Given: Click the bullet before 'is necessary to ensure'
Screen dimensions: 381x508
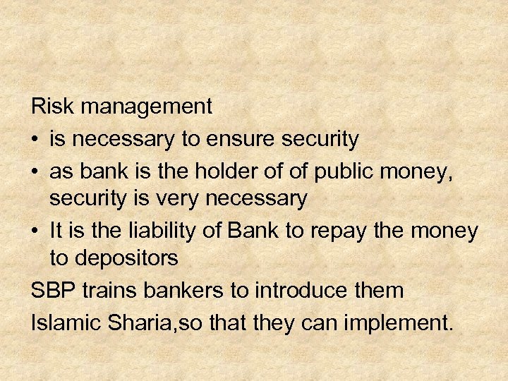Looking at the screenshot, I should [36, 139].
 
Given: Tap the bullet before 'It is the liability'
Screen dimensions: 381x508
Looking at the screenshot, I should [36, 230].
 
